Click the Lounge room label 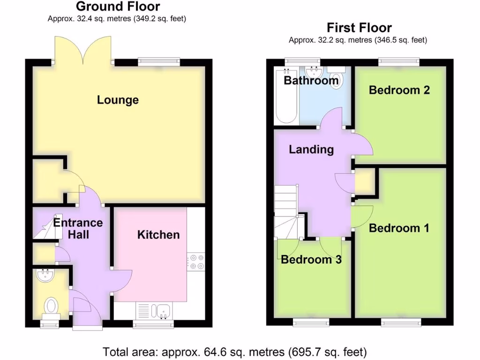click(x=118, y=100)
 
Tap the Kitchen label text click(x=158, y=235)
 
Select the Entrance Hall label click(x=78, y=228)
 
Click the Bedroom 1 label click(x=399, y=228)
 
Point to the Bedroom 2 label click(x=399, y=90)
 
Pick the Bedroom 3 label click(x=311, y=260)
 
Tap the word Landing click(x=311, y=150)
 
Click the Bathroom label click(x=311, y=81)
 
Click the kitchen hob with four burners click(x=195, y=262)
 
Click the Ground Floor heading click(x=117, y=7)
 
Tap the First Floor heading click(x=359, y=28)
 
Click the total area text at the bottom click(x=234, y=352)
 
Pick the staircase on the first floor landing click(x=286, y=211)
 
